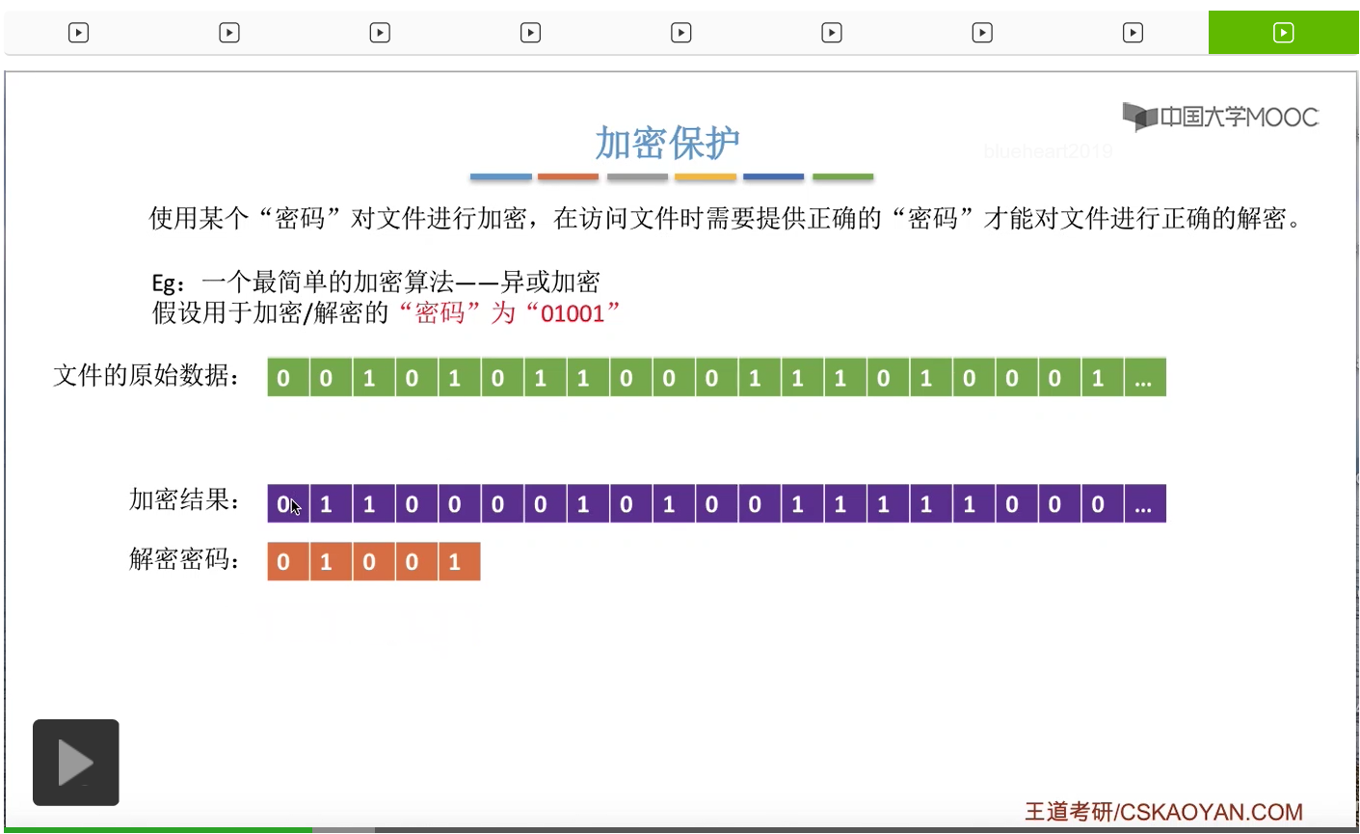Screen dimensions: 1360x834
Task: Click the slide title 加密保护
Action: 667,143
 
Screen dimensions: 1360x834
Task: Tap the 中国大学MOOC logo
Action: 1220,117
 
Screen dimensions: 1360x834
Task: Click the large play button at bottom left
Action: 76,762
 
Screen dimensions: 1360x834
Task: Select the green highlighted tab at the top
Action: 1283,33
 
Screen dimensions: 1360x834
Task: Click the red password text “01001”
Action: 573,313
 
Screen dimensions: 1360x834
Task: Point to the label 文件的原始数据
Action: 147,375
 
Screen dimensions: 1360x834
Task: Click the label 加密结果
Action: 184,499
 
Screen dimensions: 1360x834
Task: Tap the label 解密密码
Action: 184,558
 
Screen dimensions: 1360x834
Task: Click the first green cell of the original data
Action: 283,378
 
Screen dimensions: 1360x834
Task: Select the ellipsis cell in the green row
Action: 1143,378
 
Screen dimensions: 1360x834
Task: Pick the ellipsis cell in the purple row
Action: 1143,504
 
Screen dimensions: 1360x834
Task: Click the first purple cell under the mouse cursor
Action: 283,504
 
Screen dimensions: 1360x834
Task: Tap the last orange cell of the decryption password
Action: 455,562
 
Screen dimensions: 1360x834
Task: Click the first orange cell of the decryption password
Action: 283,562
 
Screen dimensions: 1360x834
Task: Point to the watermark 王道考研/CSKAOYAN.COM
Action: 1163,812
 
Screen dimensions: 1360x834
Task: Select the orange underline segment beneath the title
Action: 568,177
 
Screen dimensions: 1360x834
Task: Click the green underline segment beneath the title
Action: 842,177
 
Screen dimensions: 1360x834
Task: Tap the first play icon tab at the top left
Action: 79,33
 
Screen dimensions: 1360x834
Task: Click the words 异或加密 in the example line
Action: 550,282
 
